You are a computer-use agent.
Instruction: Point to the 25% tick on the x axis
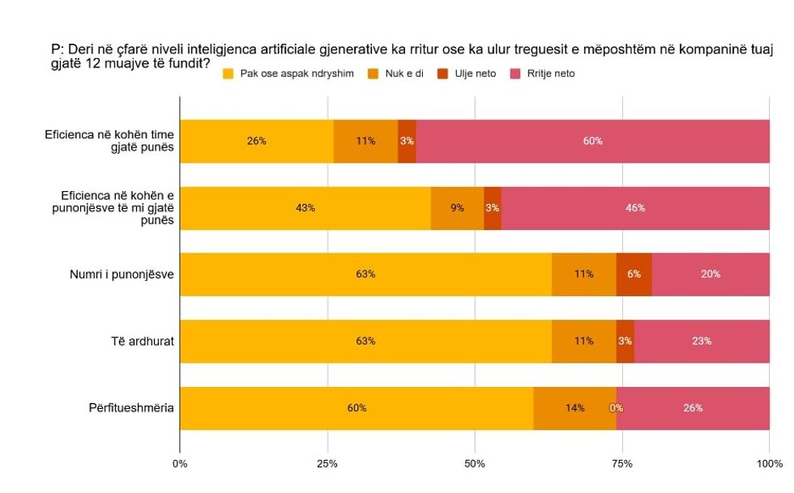point(327,464)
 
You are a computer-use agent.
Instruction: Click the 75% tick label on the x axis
point(622,464)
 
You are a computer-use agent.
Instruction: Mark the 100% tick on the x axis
point(769,464)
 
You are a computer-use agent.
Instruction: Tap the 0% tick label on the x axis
point(180,464)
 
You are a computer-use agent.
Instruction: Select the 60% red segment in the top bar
point(592,141)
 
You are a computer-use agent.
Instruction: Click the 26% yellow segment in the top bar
point(257,141)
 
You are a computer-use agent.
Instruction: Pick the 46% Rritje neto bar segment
point(635,208)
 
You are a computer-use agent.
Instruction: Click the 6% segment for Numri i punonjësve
point(634,274)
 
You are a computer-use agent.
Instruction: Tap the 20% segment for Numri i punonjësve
point(711,274)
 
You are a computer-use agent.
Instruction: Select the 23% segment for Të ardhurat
point(702,341)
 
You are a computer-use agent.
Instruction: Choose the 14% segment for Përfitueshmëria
point(575,408)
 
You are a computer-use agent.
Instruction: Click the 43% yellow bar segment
point(305,208)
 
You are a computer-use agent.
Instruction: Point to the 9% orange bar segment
point(457,208)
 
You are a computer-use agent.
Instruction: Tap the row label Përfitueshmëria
point(131,408)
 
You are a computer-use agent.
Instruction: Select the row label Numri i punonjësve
point(122,274)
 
